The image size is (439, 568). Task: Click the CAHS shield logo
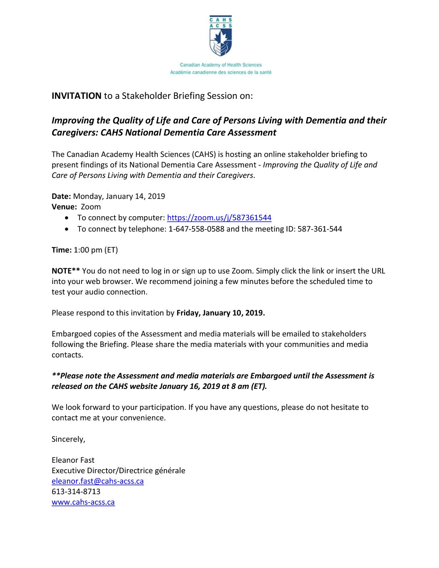pyautogui.click(x=220, y=36)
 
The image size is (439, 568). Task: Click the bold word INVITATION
pyautogui.click(x=76, y=96)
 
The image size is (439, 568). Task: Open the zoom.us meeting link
pyautogui.click(x=219, y=218)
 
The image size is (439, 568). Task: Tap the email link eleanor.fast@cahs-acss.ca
pyautogui.click(x=98, y=481)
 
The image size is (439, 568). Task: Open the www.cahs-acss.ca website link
pyautogui.click(x=83, y=502)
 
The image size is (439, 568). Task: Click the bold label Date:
pyautogui.click(x=61, y=196)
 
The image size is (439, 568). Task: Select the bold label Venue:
pyautogui.click(x=64, y=207)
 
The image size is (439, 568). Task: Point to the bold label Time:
pyautogui.click(x=62, y=250)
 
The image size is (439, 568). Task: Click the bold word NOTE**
pyautogui.click(x=66, y=271)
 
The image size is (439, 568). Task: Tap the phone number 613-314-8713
pyautogui.click(x=76, y=492)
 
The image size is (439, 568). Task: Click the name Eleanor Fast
pyautogui.click(x=73, y=460)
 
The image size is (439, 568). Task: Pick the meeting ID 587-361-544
pyautogui.click(x=320, y=229)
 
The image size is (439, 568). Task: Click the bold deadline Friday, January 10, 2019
pyautogui.click(x=221, y=313)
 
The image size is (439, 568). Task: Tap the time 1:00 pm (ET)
pyautogui.click(x=96, y=250)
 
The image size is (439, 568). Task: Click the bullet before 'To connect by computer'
pyautogui.click(x=67, y=218)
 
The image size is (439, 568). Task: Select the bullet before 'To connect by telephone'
pyautogui.click(x=67, y=229)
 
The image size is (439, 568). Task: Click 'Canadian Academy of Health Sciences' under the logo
pyautogui.click(x=221, y=65)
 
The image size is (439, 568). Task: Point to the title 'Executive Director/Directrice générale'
pyautogui.click(x=118, y=471)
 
